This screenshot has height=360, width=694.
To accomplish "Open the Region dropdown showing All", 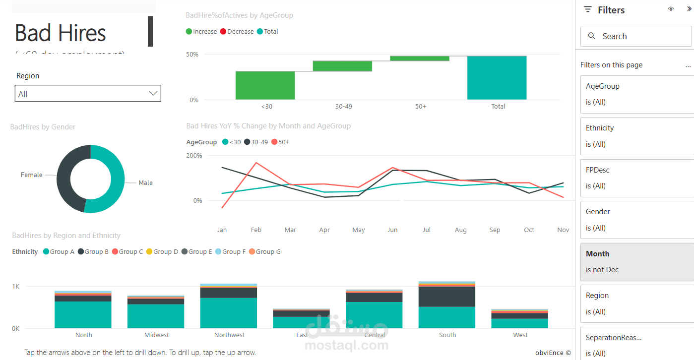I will (88, 94).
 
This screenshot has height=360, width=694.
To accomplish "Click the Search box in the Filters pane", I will (635, 36).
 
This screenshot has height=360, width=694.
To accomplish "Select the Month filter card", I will (637, 261).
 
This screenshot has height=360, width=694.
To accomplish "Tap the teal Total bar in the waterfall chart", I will (497, 78).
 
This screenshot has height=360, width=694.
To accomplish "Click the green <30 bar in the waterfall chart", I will (265, 85).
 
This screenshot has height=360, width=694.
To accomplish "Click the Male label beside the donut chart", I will (145, 183).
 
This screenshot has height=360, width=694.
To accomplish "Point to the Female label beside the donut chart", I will (31, 175).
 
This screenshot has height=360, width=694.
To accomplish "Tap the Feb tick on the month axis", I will (256, 230).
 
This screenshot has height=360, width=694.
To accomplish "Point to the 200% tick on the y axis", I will (194, 156).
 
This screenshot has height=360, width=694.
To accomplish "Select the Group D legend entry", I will (162, 252).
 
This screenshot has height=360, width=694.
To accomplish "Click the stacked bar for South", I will (447, 305).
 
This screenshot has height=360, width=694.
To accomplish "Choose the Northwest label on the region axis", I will (229, 335).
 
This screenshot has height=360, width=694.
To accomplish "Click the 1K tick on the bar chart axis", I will (15, 287).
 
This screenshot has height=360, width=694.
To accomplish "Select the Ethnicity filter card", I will (637, 136).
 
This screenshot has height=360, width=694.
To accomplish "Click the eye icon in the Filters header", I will (671, 9).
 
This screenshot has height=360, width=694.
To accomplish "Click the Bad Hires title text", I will (61, 33).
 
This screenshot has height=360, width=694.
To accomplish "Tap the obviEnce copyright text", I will (553, 353).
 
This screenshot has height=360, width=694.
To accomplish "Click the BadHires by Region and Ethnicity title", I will (66, 236).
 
